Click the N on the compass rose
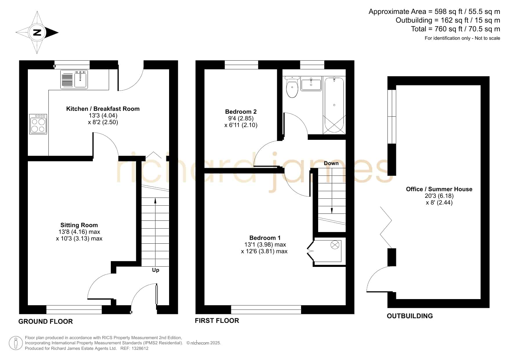(x=37, y=32)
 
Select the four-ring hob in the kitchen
(x=38, y=124)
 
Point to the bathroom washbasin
(x=311, y=84)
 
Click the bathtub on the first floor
(x=334, y=105)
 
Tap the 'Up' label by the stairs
(x=155, y=270)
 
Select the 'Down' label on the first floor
(x=331, y=163)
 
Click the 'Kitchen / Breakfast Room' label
(x=103, y=109)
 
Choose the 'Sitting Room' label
(x=79, y=225)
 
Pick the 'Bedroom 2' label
(x=241, y=112)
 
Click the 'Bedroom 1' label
(x=265, y=238)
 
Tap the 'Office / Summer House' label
(x=439, y=189)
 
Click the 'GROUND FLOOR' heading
(x=46, y=321)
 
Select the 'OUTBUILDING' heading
(x=410, y=316)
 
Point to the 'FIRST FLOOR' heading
(x=217, y=321)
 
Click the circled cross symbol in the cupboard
(x=335, y=245)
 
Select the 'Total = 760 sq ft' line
(x=456, y=29)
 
